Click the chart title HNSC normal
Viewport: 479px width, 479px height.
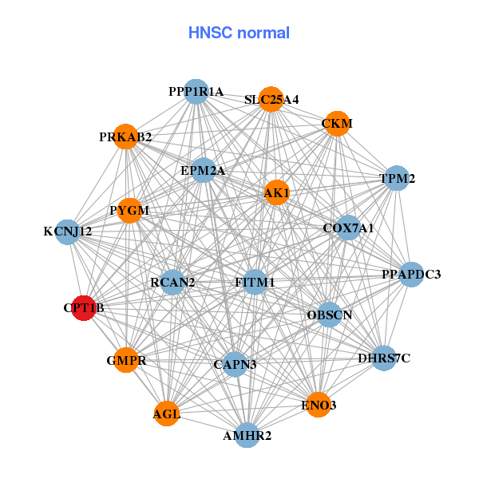[x=239, y=33]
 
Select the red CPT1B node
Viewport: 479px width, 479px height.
[x=84, y=307]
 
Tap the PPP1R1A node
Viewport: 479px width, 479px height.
[x=196, y=92]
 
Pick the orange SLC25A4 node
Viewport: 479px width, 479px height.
[x=271, y=100]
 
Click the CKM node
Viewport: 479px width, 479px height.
[x=337, y=124]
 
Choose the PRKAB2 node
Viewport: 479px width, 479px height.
[x=125, y=137]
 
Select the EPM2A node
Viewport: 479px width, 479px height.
[x=203, y=170]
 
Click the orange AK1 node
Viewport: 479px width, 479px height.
[x=276, y=192]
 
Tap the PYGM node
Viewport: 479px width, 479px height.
[x=129, y=211]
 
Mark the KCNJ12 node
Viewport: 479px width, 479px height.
[x=68, y=232]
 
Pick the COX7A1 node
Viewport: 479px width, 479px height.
[x=348, y=228]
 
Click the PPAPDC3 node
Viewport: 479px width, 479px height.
[x=410, y=275]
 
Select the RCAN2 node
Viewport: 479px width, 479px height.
[x=172, y=283]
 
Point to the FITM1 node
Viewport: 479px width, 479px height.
[x=255, y=283]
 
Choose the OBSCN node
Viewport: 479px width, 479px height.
[x=330, y=315]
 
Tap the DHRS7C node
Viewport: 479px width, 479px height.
[x=384, y=358]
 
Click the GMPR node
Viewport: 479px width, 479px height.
[x=126, y=361]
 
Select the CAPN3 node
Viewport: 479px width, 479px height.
[x=235, y=365]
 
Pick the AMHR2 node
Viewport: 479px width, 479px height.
[x=247, y=436]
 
